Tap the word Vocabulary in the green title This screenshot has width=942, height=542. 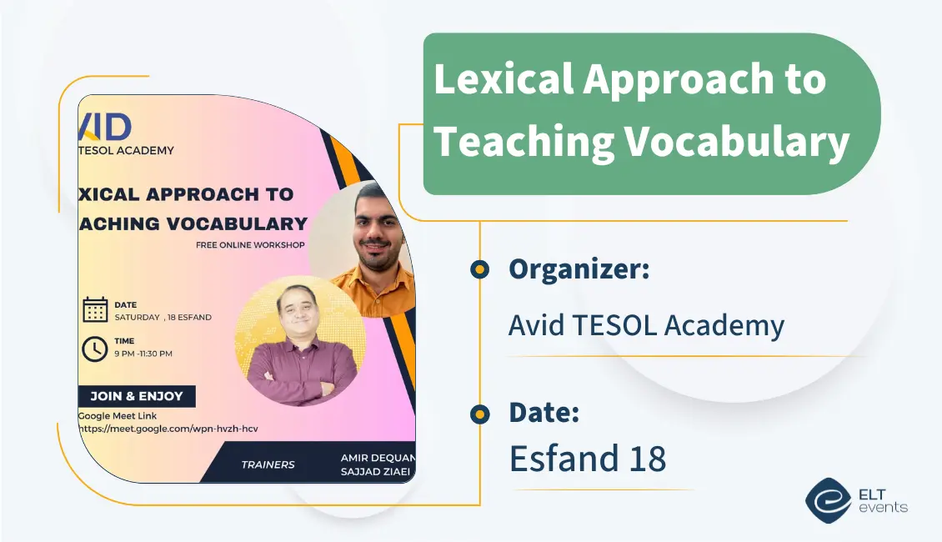point(737,141)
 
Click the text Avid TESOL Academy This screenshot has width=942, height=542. point(646,325)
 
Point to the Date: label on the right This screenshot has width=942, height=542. point(544,412)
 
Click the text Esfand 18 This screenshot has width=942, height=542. point(588,459)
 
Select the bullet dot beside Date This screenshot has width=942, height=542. point(479,413)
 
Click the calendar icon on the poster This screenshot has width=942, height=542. point(95,309)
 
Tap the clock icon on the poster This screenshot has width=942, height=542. point(95,348)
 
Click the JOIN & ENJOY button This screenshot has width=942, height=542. point(137,396)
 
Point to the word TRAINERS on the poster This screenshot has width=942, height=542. point(268,464)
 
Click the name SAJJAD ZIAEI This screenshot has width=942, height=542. point(376,472)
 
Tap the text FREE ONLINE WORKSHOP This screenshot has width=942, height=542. point(250,245)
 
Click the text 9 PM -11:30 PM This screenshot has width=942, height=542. point(143,354)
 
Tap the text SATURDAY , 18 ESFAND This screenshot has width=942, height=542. point(163,317)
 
